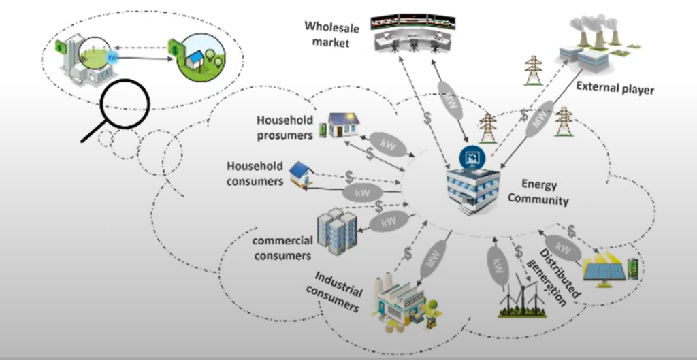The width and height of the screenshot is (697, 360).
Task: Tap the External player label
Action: [614, 88]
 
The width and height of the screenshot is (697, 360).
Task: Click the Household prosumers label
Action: [285, 127]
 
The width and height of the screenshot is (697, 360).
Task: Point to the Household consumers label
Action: [255, 174]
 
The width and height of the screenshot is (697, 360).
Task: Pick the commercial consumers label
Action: [282, 248]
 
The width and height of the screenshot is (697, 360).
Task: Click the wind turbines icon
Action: [522, 298]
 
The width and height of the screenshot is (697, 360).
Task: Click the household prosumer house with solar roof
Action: [344, 125]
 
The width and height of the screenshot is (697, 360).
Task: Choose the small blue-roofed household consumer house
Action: [300, 174]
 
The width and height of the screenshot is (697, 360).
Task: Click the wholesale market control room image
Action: [416, 32]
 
